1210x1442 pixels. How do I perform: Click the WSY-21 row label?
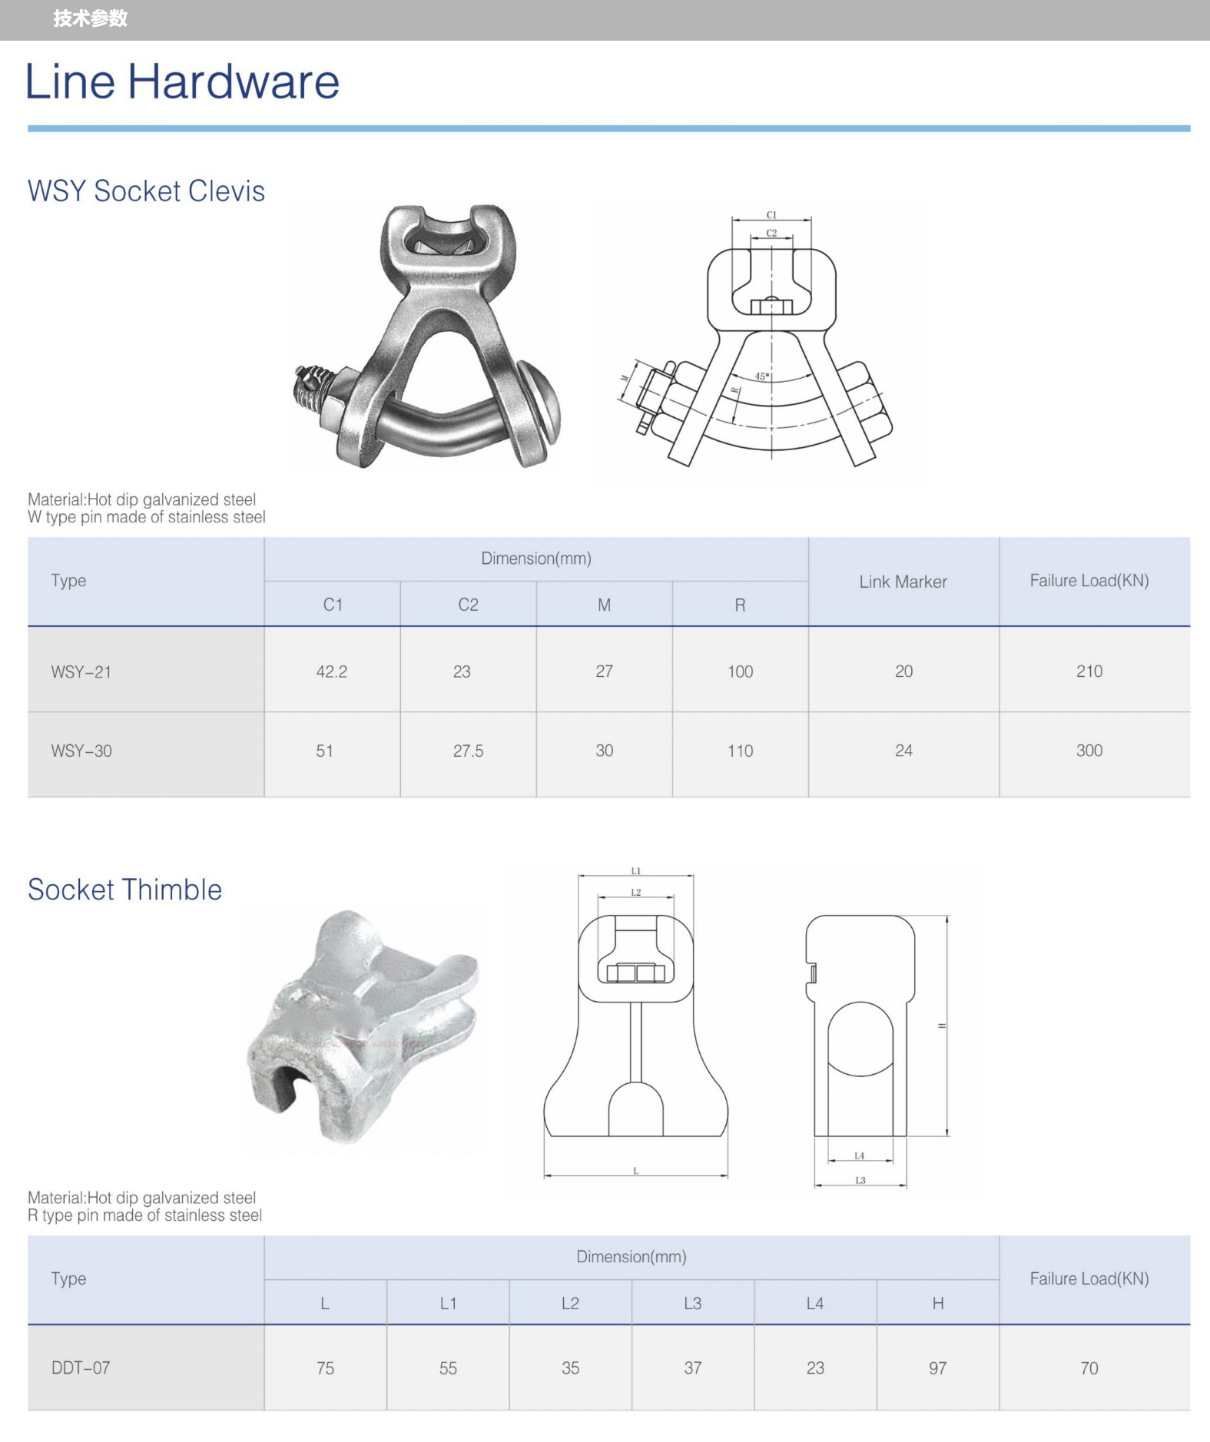tap(81, 672)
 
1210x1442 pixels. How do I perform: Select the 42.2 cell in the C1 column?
tap(332, 671)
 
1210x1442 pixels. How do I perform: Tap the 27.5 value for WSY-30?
tap(468, 751)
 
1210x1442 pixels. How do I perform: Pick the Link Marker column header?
tap(903, 582)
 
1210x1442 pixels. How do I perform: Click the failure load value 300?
tap(1089, 751)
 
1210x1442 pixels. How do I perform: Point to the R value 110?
tap(741, 751)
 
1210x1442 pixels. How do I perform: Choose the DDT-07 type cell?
tap(81, 1367)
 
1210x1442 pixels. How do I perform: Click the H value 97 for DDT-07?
tap(937, 1368)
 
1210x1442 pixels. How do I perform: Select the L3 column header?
tap(692, 1303)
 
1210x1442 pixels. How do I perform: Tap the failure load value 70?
tap(1089, 1368)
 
